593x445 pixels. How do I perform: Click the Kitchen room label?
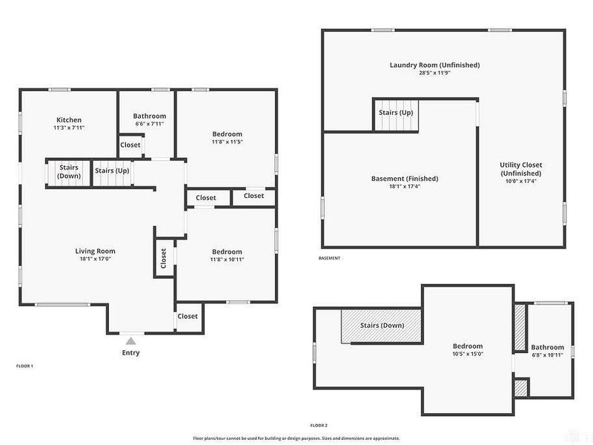pos(69,120)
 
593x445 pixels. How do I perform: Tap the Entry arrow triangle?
pos(130,340)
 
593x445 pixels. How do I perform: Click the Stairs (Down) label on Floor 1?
pos(69,171)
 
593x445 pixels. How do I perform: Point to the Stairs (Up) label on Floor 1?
pos(112,171)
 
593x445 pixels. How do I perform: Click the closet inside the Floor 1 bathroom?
pos(130,145)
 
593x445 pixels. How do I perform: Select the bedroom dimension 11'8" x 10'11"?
pos(227,260)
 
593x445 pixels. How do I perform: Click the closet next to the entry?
pos(188,316)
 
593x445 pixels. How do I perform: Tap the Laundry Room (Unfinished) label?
pos(434,65)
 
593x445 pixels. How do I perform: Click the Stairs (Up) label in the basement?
pos(396,113)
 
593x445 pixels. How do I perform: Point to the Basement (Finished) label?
pos(404,179)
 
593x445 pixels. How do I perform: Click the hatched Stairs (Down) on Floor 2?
pos(382,326)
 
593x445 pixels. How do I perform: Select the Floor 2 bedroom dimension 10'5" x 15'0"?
pos(468,355)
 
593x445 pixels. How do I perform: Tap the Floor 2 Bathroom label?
pos(547,347)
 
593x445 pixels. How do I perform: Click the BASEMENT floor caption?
pos(329,258)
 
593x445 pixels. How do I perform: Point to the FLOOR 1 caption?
pos(24,366)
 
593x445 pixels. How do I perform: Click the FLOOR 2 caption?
pos(319,425)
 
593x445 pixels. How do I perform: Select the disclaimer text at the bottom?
pos(296,438)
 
